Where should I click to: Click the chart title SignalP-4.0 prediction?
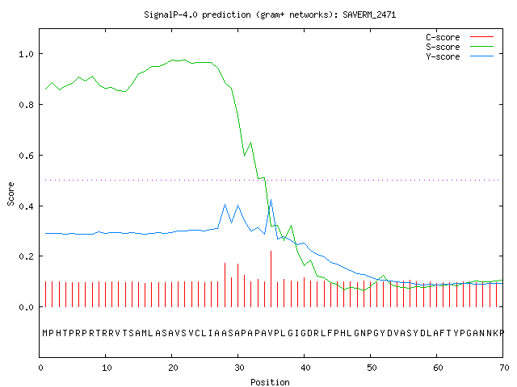197,15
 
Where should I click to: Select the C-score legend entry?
460,37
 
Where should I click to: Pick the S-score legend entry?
460,47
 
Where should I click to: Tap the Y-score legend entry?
460,56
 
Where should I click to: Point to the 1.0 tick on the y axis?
27,54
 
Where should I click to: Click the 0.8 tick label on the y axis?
27,105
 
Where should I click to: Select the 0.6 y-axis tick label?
27,156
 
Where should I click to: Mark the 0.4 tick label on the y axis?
27,206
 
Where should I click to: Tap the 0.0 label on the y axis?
27,307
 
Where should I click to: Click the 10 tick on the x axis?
107,368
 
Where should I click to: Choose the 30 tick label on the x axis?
239,368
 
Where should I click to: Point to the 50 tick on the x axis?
372,368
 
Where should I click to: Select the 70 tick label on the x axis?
504,368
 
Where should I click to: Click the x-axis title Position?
270,382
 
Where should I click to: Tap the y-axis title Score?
11,193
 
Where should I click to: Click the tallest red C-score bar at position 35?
271,279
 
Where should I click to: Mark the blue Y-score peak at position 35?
271,199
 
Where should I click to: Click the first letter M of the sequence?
45,333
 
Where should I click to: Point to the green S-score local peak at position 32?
251,143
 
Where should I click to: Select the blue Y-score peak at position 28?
225,204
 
